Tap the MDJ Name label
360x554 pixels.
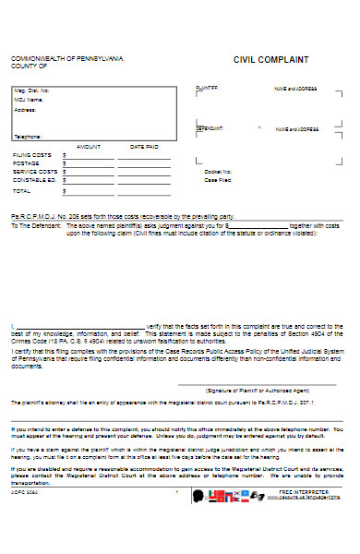(x=30, y=100)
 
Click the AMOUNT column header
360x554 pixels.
(x=88, y=146)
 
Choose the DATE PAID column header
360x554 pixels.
(x=144, y=146)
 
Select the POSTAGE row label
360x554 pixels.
(x=25, y=163)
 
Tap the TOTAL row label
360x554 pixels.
(x=21, y=191)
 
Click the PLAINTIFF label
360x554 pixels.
(x=207, y=88)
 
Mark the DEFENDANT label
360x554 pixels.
(x=210, y=129)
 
